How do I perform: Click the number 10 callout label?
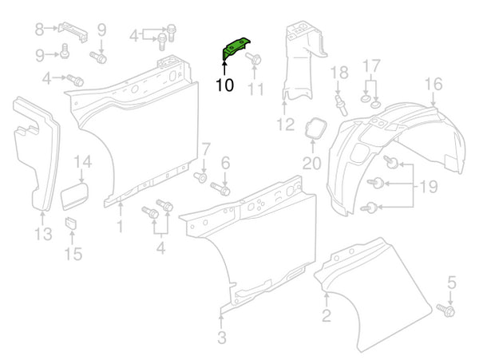click(x=224, y=85)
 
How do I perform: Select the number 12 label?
click(x=286, y=124)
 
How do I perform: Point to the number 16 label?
click(x=433, y=84)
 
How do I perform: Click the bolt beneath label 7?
click(x=200, y=176)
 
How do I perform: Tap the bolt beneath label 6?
click(x=221, y=190)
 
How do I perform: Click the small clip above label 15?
click(x=69, y=221)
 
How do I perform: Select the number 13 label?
click(x=43, y=234)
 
